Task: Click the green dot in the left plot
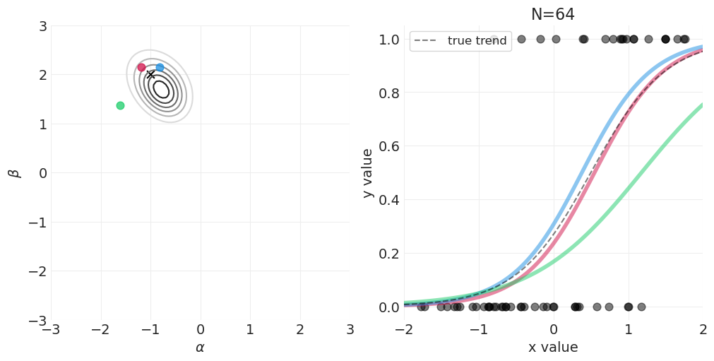pos(120,105)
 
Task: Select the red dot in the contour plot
pos(141,67)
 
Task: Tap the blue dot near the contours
pos(160,67)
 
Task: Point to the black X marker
pos(150,74)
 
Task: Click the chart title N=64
pos(553,14)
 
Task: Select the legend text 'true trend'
pos(477,41)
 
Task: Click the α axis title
pos(200,348)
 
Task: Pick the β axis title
pos(13,173)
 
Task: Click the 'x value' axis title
pos(553,348)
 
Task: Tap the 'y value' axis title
pos(367,173)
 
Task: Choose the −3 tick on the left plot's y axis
pos(38,321)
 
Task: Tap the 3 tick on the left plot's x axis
pos(350,330)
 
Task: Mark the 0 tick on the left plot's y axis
pos(42,173)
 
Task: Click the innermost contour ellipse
pos(161,89)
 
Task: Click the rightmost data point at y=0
pos(641,307)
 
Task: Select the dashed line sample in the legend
pos(427,41)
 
